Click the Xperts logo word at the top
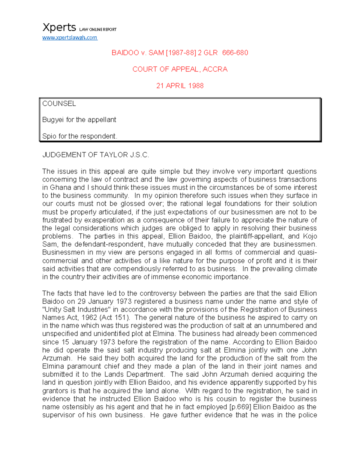[x=59, y=28]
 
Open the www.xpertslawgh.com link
[x=70, y=38]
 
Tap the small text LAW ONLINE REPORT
[x=97, y=29]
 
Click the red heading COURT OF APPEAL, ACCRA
[x=180, y=69]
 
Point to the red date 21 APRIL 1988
[x=180, y=86]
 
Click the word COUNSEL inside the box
[x=59, y=104]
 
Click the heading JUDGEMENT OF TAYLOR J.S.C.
[x=96, y=155]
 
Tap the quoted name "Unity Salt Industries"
[x=76, y=310]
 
